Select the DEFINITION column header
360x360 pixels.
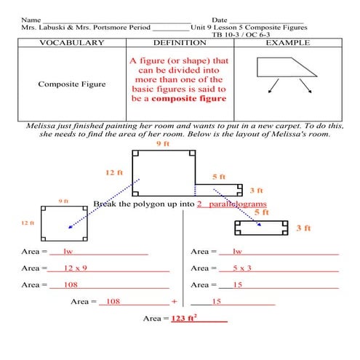click(180, 44)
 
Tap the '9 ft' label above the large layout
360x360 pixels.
click(163, 145)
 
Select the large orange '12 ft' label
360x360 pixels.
click(114, 172)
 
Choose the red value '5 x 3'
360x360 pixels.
click(242, 268)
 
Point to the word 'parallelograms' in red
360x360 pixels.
click(237, 204)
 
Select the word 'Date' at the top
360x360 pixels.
click(220, 19)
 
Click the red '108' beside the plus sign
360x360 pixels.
click(113, 301)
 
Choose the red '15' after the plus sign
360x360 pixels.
click(216, 301)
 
